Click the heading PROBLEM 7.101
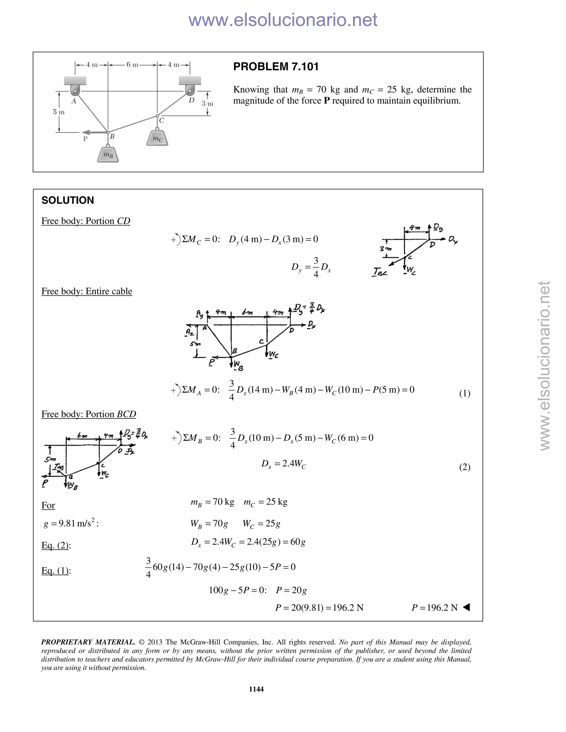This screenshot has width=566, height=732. click(x=276, y=67)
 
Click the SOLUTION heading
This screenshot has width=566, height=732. click(x=68, y=201)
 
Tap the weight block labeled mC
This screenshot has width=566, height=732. click(x=157, y=138)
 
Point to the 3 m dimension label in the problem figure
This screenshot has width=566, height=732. click(x=207, y=104)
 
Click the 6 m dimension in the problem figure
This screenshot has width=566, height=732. click(x=132, y=65)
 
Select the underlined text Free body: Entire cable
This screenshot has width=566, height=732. click(x=87, y=291)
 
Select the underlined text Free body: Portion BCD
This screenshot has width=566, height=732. click(x=89, y=414)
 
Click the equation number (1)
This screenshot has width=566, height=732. click(x=464, y=393)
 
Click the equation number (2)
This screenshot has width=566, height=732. click(x=464, y=467)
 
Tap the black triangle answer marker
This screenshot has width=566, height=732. click(x=467, y=607)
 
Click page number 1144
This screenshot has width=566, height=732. click(x=256, y=689)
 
